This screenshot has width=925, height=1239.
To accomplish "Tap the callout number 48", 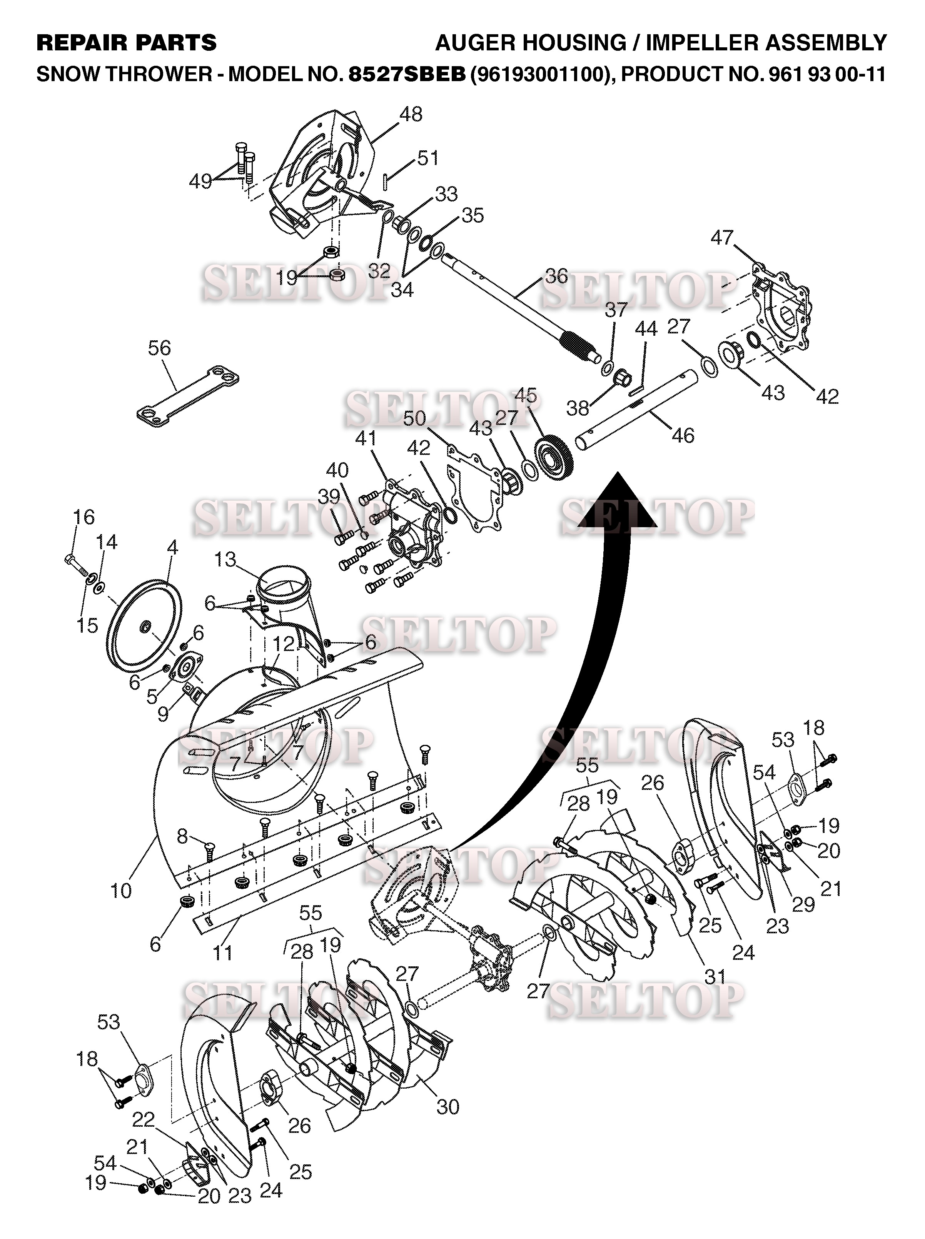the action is point(411,114).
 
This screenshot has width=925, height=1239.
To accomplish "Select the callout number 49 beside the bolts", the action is point(200,182).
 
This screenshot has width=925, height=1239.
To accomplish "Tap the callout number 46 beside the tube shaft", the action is point(683,435).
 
